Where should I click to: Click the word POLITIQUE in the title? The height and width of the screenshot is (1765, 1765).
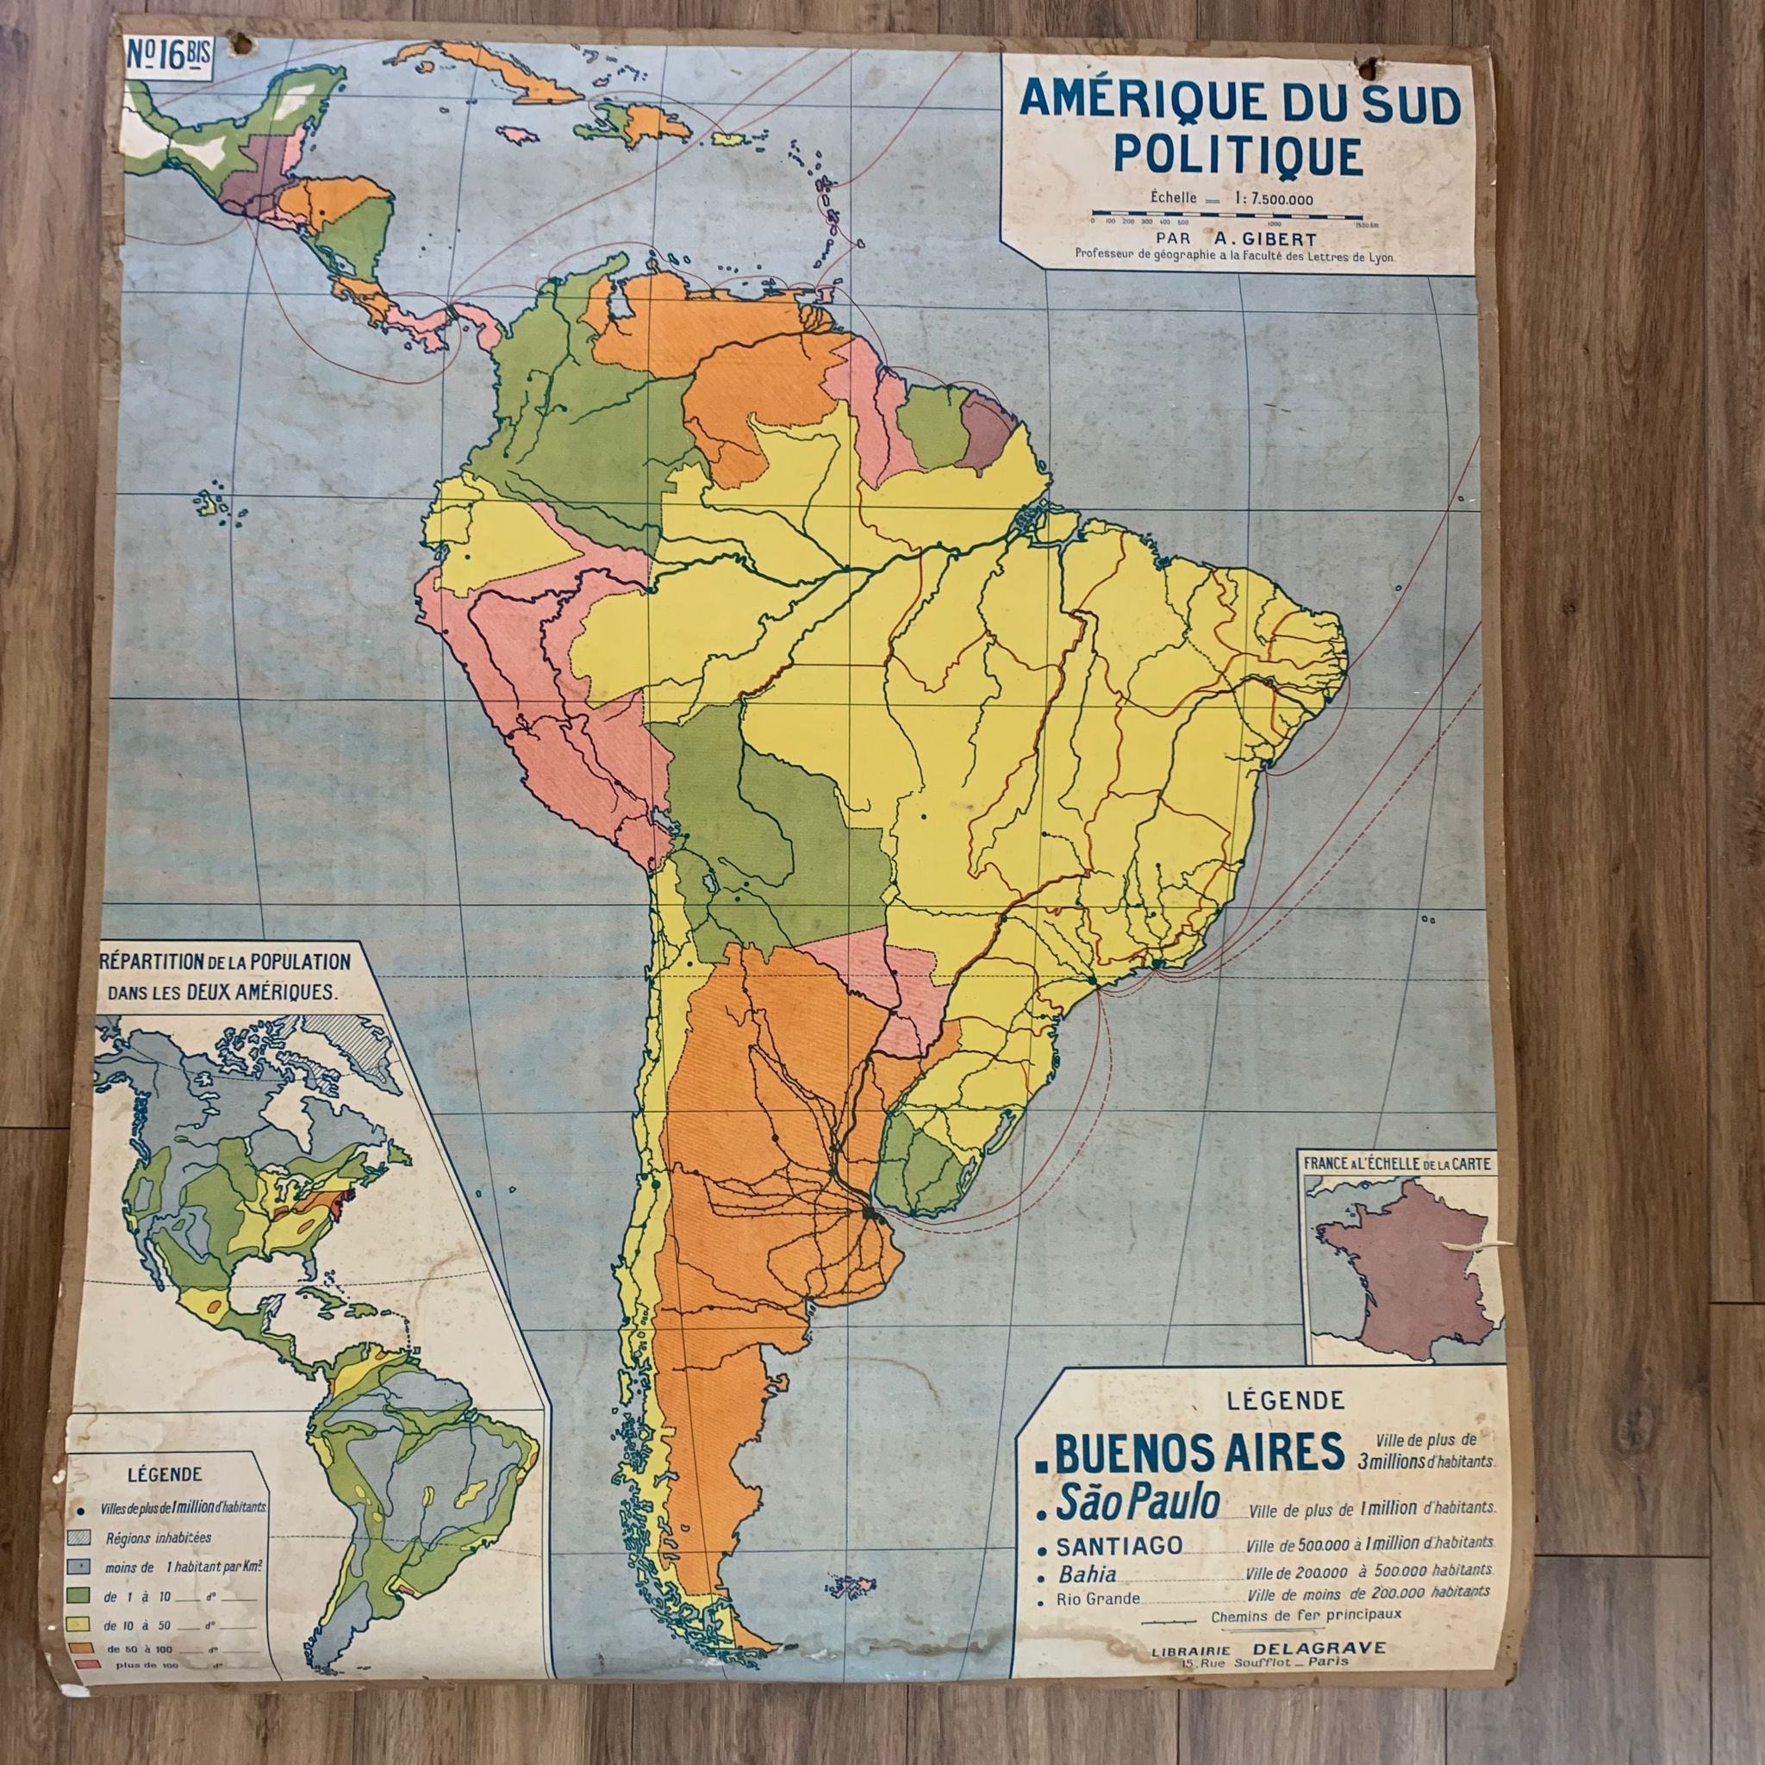pyautogui.click(x=1238, y=155)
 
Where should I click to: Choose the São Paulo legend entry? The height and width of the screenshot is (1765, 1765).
pyautogui.click(x=1137, y=1502)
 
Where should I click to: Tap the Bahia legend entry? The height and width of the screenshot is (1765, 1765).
pyautogui.click(x=1086, y=1574)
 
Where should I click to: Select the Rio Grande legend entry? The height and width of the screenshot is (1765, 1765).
pyautogui.click(x=1097, y=1599)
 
